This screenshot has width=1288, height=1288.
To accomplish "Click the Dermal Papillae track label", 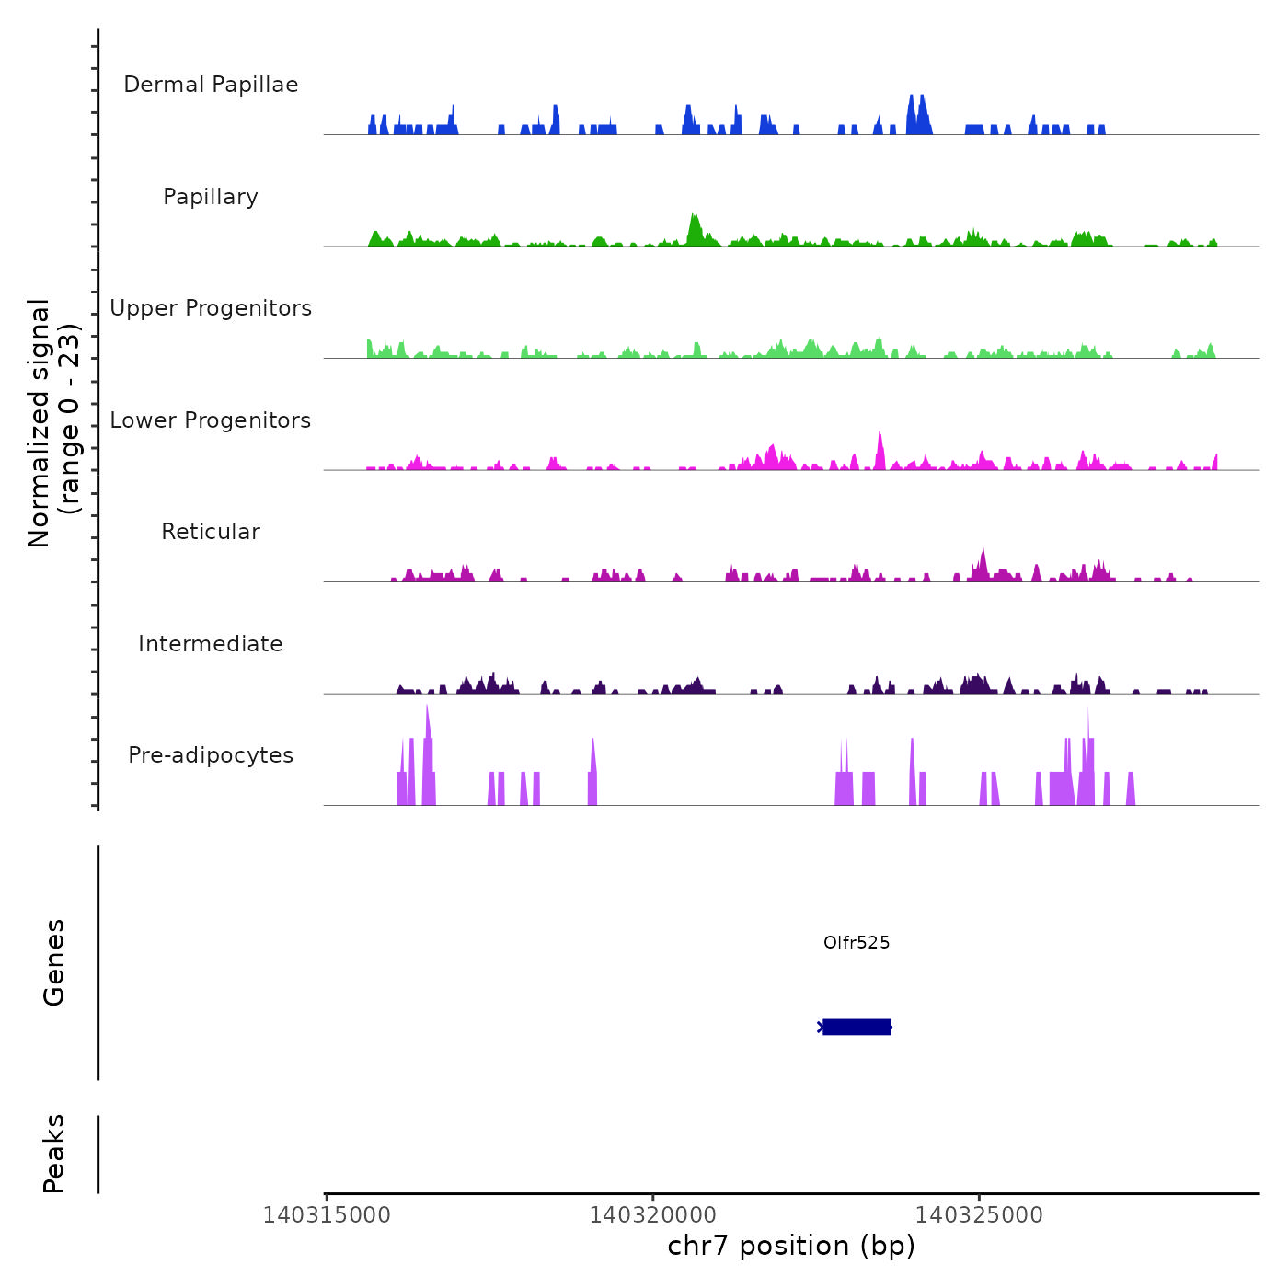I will tap(211, 85).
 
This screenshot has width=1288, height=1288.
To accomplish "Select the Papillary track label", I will tap(211, 197).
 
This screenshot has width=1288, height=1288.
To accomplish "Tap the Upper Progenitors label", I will tap(211, 308).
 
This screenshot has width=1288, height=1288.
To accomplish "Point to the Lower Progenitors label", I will tap(211, 420).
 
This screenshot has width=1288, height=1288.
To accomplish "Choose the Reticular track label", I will tap(211, 532).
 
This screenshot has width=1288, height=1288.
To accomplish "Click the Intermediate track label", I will tap(211, 644).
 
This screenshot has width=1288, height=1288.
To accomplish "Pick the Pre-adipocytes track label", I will tap(211, 755).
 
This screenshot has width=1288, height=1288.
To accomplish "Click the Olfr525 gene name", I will tap(857, 943).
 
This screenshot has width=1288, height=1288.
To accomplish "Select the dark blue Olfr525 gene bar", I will tap(857, 1027).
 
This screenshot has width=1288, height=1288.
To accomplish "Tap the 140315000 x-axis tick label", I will tap(327, 1215).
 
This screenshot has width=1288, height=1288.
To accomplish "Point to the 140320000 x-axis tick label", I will tap(653, 1215).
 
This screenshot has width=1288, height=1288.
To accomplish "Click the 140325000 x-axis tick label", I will tap(979, 1215).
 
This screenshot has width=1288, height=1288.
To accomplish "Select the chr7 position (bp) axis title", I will tap(791, 1247).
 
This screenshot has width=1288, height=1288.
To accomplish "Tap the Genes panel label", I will tap(54, 962).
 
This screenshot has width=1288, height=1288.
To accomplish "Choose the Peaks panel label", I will tap(54, 1154).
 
